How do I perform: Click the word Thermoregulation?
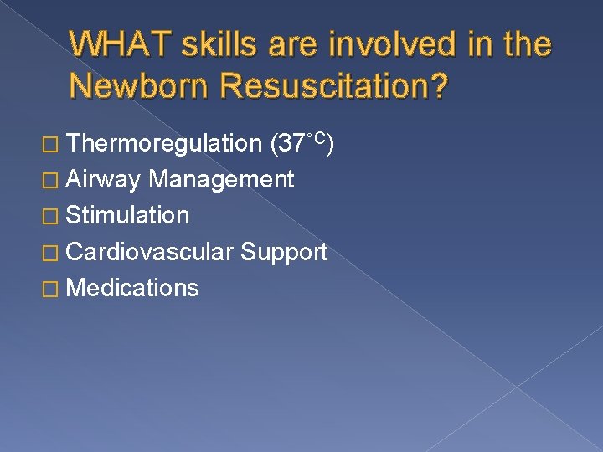click(x=163, y=143)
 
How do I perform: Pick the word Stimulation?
click(x=127, y=215)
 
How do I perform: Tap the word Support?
click(x=284, y=252)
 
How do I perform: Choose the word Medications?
click(x=132, y=288)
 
